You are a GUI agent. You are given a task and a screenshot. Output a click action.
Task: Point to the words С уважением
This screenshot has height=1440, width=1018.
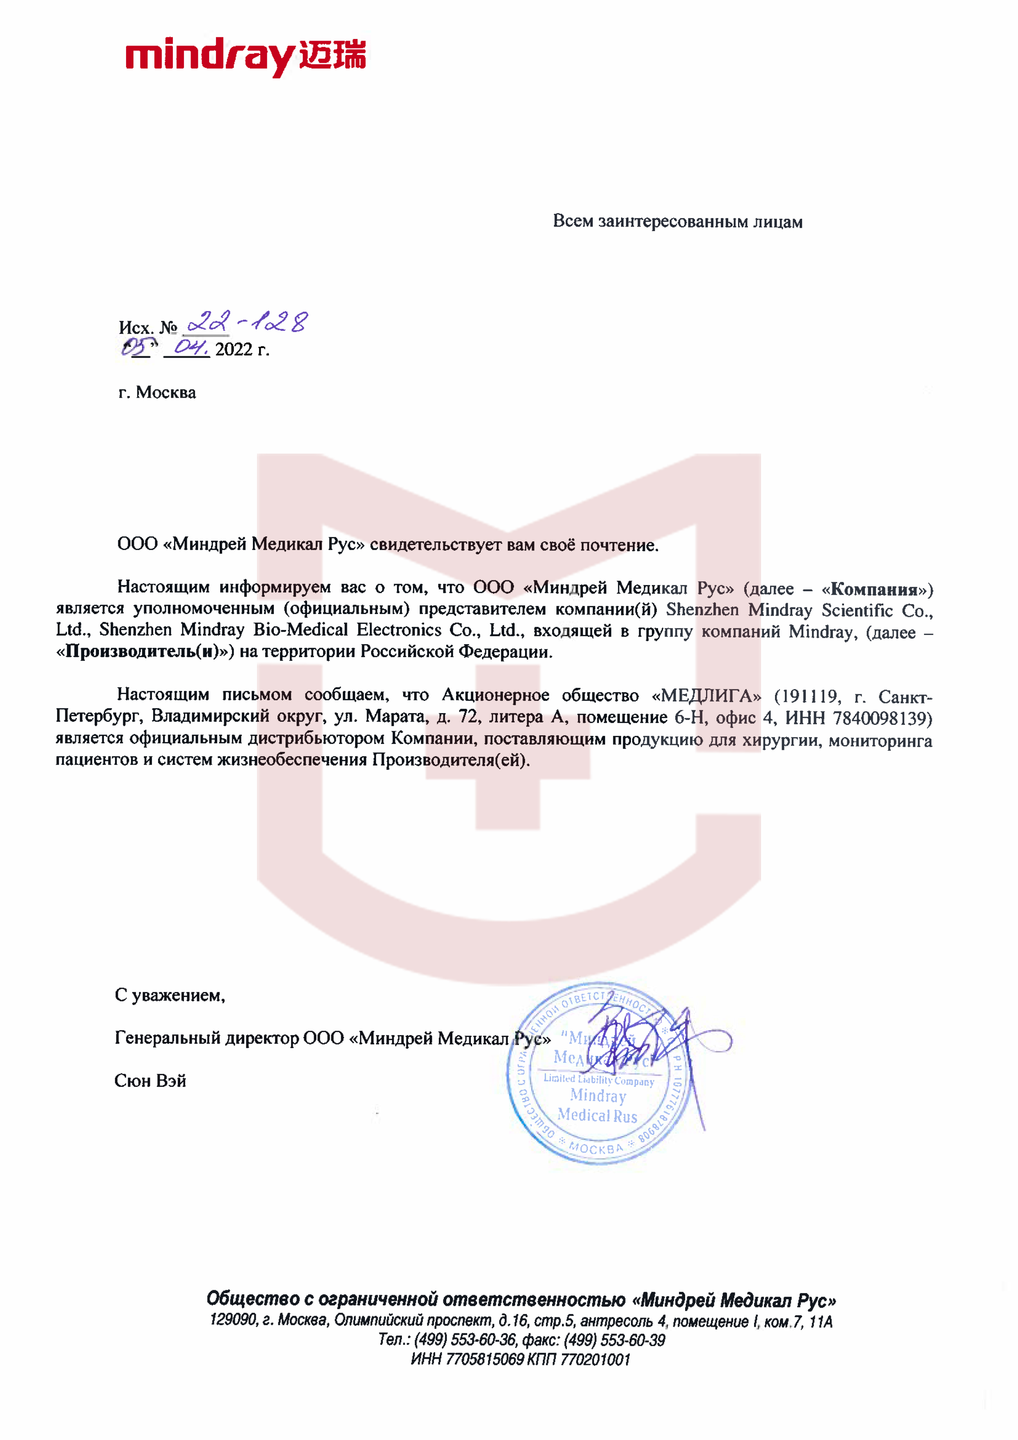170,995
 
